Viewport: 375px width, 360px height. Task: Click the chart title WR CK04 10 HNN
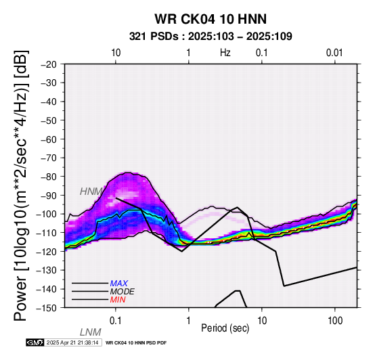coord(211,19)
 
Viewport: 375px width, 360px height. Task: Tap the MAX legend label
coord(119,284)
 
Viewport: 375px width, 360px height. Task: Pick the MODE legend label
coord(123,292)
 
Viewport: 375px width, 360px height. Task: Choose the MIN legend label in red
coord(118,300)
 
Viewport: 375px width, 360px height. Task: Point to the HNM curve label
coord(91,192)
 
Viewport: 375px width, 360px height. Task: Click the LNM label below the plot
coord(91,332)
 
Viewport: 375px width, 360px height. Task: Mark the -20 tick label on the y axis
coord(49,64)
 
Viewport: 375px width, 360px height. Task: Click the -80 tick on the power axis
coord(49,177)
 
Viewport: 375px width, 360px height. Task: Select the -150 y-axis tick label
coord(47,308)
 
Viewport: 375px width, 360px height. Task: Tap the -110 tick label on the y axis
coord(47,233)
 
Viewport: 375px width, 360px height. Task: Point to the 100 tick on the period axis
coord(335,321)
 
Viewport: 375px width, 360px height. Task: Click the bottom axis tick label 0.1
coord(116,321)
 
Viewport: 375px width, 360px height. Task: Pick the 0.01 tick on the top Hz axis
coord(334,53)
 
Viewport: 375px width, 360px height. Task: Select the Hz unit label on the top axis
coord(225,53)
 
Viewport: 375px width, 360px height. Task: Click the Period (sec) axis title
coord(225,328)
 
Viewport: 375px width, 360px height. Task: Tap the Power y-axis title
coord(21,185)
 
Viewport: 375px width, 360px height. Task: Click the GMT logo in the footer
coord(35,342)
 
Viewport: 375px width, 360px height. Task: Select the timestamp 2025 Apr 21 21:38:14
coord(72,342)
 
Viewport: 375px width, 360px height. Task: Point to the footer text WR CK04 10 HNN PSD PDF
coord(136,343)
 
